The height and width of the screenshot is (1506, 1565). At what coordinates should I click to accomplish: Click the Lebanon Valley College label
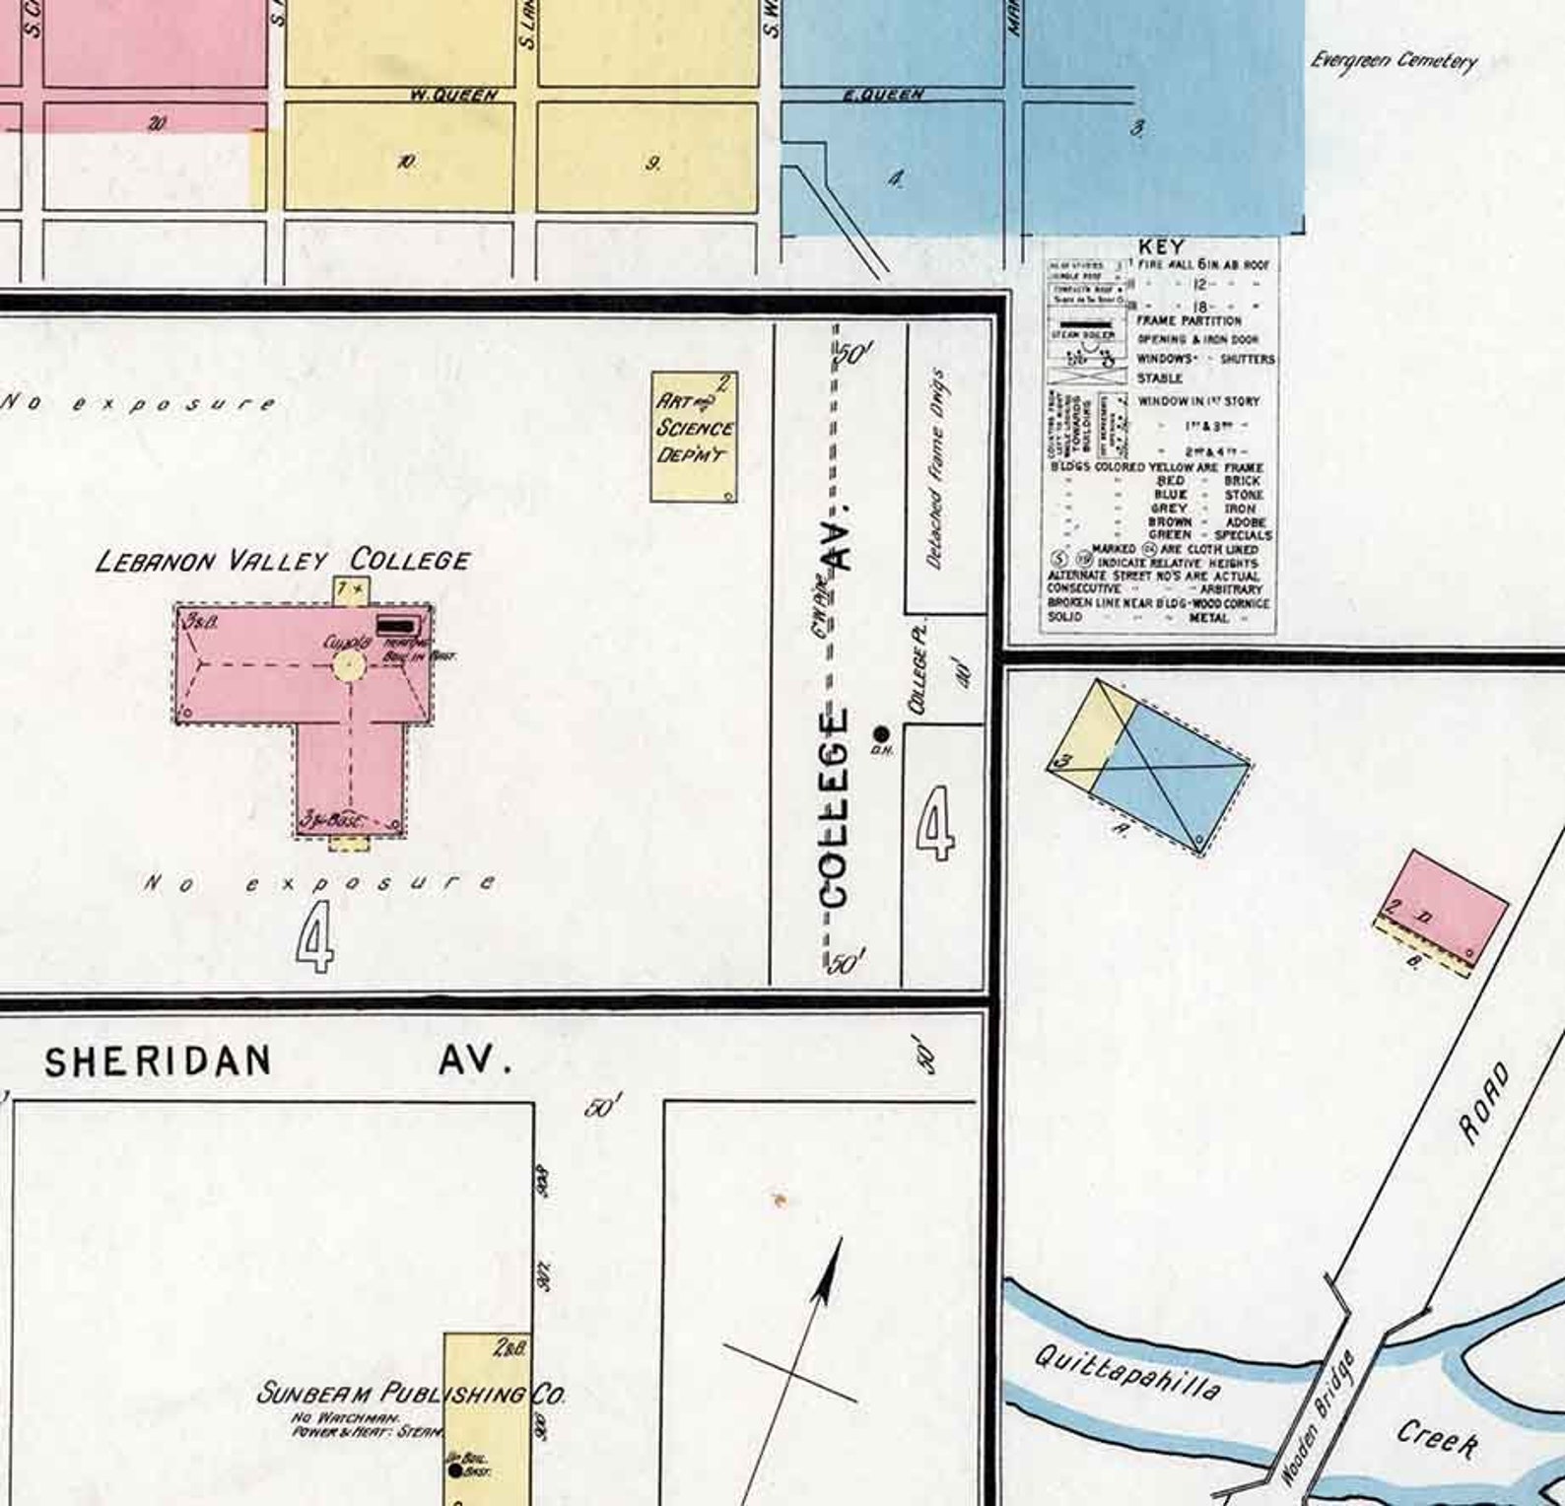coord(283,561)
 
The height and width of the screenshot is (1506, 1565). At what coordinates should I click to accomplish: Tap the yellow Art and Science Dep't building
coord(694,437)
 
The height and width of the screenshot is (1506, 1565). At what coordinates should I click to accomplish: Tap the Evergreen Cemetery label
coord(1393,60)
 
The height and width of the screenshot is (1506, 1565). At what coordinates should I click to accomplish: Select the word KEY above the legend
coord(1160,246)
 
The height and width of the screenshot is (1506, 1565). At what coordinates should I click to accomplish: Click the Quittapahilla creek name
coord(1127,1374)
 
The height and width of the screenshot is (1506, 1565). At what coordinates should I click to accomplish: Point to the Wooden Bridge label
coord(1320,1417)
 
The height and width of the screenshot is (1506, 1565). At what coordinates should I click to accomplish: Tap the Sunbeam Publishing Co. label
coord(409,1394)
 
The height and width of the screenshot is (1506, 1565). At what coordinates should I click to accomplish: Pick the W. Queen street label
coord(453,96)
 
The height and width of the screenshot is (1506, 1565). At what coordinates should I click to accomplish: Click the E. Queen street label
coord(883,96)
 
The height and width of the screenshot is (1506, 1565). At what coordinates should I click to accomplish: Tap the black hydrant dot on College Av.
coord(881,733)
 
